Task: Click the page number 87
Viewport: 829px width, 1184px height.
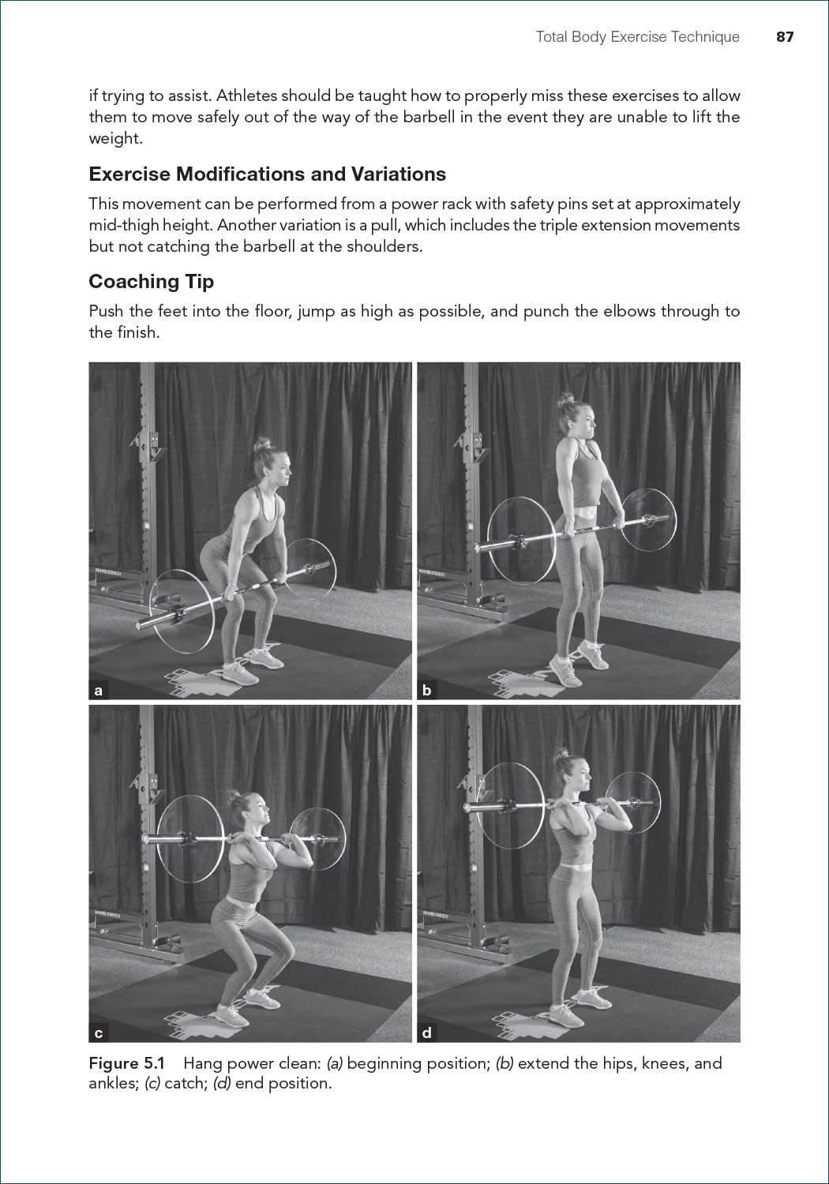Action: (784, 37)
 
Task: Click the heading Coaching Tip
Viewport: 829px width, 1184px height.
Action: (151, 282)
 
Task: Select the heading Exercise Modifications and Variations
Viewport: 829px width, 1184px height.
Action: (267, 174)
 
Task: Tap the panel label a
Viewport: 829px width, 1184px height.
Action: (98, 691)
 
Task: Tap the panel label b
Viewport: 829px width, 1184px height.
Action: (426, 691)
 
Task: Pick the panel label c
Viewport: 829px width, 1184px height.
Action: (98, 1033)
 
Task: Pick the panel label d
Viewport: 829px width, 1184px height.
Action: (426, 1033)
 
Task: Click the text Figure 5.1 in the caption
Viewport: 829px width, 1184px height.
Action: (126, 1063)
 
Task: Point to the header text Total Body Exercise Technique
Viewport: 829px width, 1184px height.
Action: (637, 37)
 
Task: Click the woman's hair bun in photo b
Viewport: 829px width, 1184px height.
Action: (566, 400)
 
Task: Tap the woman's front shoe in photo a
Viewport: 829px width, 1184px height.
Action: (240, 673)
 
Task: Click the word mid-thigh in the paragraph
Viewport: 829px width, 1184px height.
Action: (124, 225)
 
